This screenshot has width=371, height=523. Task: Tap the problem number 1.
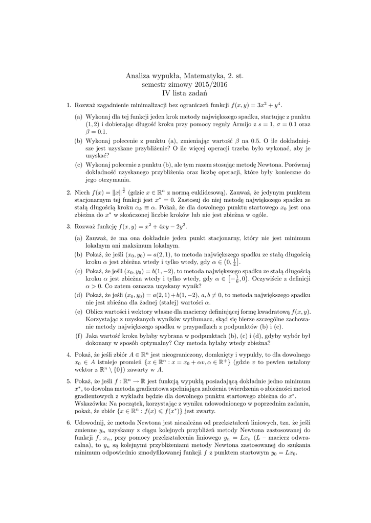pos(69,106)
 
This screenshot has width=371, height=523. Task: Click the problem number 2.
pos(69,192)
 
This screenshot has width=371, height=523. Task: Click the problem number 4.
pos(69,354)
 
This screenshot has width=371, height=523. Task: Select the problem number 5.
pos(69,381)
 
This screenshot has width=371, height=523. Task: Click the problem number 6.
pos(69,423)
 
